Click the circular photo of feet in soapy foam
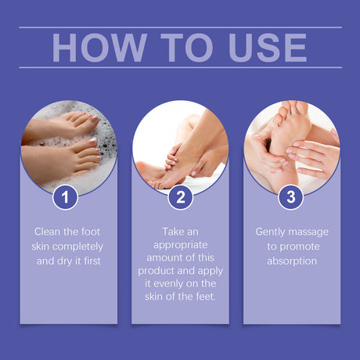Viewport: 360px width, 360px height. click(69, 146)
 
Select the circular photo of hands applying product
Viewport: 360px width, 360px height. click(181, 146)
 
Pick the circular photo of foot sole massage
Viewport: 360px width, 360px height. click(292, 146)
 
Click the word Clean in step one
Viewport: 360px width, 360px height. click(49, 232)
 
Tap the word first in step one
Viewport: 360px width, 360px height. click(89, 261)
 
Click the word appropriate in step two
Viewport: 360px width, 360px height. click(180, 247)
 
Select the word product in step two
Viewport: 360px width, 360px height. click(161, 275)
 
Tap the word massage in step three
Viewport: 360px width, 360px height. click(309, 232)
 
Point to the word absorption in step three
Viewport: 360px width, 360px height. click(292, 261)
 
